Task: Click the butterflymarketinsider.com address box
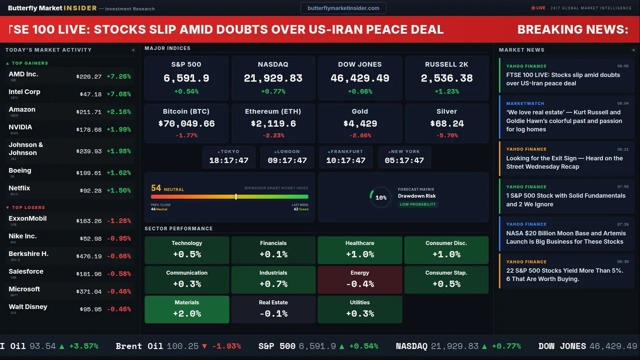(x=343, y=8)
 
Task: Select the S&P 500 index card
(x=186, y=77)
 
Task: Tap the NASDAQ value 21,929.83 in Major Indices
(x=273, y=78)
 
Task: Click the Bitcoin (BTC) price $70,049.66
(x=186, y=123)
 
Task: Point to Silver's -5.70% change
(x=446, y=135)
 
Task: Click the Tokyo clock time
(x=228, y=160)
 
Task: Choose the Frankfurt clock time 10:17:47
(x=345, y=160)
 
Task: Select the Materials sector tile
(x=186, y=309)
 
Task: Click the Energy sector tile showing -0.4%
(x=359, y=279)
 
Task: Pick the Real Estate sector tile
(x=273, y=309)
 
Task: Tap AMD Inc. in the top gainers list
(x=23, y=74)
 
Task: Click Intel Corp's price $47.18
(x=90, y=94)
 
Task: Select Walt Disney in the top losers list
(x=28, y=307)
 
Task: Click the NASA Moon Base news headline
(x=565, y=237)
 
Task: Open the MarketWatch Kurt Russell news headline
(x=564, y=121)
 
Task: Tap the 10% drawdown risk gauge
(x=380, y=197)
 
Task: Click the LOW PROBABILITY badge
(x=417, y=204)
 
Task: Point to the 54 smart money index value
(x=156, y=188)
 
